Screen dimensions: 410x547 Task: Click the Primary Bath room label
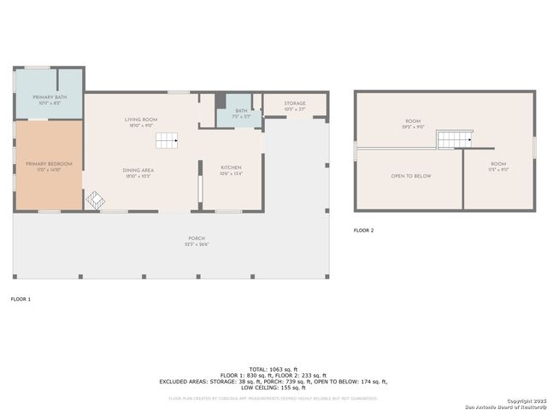click(49, 97)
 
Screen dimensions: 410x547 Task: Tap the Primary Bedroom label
click(49, 163)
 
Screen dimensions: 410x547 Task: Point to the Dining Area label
click(138, 171)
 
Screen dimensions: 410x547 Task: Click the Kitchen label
click(231, 167)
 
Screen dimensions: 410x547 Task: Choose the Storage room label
click(295, 103)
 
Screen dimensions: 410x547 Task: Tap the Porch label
click(197, 238)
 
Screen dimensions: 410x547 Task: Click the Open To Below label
click(411, 176)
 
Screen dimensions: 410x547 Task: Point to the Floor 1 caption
click(21, 299)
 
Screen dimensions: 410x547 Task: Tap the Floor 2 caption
click(364, 231)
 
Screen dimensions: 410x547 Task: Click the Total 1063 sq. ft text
click(273, 369)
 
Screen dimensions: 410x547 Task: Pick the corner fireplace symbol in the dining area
click(95, 200)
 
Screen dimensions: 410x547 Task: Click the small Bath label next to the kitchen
click(242, 110)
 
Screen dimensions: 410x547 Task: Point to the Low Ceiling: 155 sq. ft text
click(273, 388)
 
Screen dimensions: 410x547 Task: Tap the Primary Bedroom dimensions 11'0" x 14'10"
click(49, 168)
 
